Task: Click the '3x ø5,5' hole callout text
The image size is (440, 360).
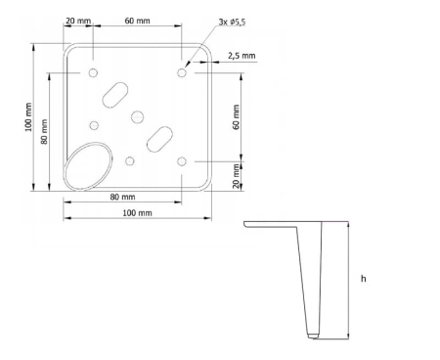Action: click(x=232, y=22)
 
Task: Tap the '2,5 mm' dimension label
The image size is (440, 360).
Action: click(x=242, y=56)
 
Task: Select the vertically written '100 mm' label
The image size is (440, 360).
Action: click(x=28, y=117)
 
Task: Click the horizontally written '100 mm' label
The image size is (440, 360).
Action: click(x=137, y=213)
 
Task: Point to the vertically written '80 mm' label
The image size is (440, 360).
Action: click(x=44, y=132)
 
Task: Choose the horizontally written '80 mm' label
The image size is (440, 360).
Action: click(x=122, y=197)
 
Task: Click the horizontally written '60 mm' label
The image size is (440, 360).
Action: click(x=137, y=21)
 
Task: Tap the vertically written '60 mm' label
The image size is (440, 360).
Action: click(x=237, y=116)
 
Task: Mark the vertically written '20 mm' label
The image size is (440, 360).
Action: click(x=237, y=176)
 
